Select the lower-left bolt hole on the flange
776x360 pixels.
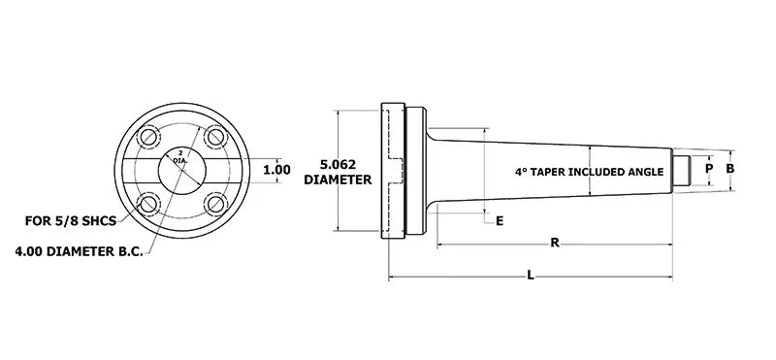(148, 204)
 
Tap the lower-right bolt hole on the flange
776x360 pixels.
(215, 204)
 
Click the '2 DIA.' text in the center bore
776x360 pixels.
(179, 157)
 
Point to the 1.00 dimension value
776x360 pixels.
(276, 170)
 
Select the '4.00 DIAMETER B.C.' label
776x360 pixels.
(80, 251)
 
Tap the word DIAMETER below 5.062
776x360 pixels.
(339, 180)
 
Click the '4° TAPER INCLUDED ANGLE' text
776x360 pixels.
(589, 171)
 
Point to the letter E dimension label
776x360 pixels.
(500, 221)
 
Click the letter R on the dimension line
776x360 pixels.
(554, 243)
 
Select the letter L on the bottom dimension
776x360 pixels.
(530, 276)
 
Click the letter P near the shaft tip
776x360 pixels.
(709, 169)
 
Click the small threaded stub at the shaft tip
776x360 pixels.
(682, 170)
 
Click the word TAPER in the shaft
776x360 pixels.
(551, 171)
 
